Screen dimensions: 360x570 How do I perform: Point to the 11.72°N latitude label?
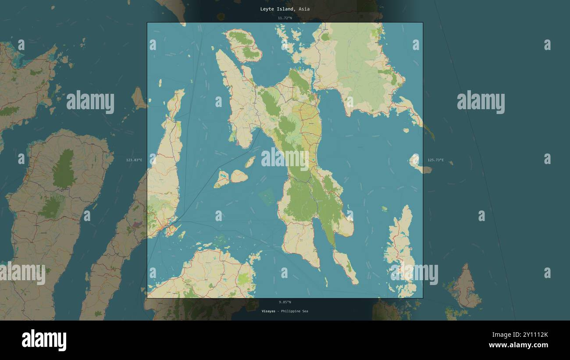click(x=285, y=18)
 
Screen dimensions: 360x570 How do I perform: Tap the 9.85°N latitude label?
click(x=285, y=302)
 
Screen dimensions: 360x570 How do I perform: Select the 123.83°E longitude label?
click(x=134, y=160)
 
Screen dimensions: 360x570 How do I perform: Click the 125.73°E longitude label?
click(x=435, y=160)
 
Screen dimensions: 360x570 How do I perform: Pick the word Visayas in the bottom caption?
click(x=268, y=311)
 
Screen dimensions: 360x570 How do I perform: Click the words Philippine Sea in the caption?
click(x=294, y=311)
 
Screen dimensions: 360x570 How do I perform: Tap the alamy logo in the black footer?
click(x=44, y=340)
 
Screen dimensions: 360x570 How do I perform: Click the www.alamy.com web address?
click(x=518, y=345)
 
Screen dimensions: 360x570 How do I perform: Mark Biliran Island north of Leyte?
click(x=243, y=45)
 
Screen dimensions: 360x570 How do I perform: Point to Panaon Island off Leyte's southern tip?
click(x=345, y=265)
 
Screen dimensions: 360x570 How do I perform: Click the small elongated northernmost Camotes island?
click(x=250, y=162)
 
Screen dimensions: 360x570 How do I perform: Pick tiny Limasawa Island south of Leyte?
click(x=326, y=282)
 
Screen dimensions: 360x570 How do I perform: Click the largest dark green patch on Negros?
click(x=64, y=169)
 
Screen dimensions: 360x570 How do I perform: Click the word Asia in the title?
click(x=304, y=9)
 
